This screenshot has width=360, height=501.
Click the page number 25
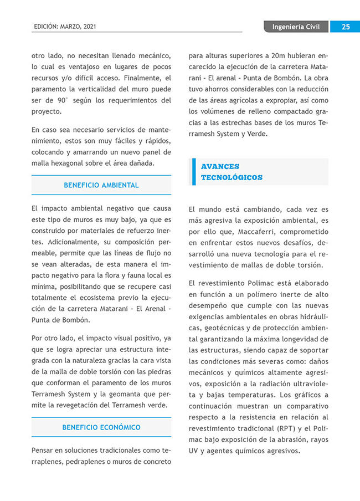[x=344, y=27]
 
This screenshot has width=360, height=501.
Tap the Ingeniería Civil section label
[x=296, y=27]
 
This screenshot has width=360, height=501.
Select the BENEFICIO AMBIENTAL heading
[x=101, y=185]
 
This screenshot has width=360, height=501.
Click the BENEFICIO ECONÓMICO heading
[x=101, y=427]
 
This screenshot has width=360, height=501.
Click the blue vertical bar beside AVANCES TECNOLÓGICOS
[x=194, y=172]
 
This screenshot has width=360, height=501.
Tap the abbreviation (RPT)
[x=287, y=428]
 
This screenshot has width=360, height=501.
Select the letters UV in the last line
[x=194, y=451]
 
